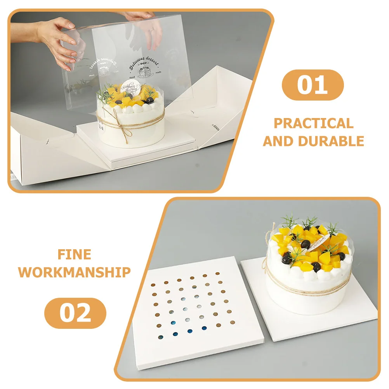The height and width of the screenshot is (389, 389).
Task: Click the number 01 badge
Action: point(313,85)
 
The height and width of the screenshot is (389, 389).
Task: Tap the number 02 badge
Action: point(75,313)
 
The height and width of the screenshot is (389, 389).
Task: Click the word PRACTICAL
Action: point(314,123)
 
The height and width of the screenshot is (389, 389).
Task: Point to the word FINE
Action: point(74,254)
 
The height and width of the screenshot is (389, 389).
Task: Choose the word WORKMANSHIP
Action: point(74,272)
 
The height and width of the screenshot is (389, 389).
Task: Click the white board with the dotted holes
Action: point(190,311)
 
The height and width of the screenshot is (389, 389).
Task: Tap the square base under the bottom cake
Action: point(311,314)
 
